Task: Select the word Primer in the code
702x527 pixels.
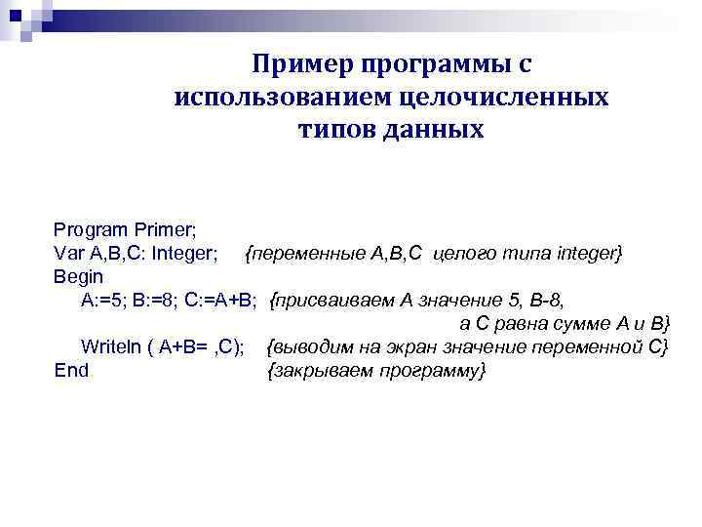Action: click(165, 230)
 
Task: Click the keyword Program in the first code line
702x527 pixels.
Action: click(91, 230)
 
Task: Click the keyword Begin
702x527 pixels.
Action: click(78, 276)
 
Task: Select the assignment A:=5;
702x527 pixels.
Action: click(103, 300)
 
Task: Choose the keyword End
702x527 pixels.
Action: click(71, 370)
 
